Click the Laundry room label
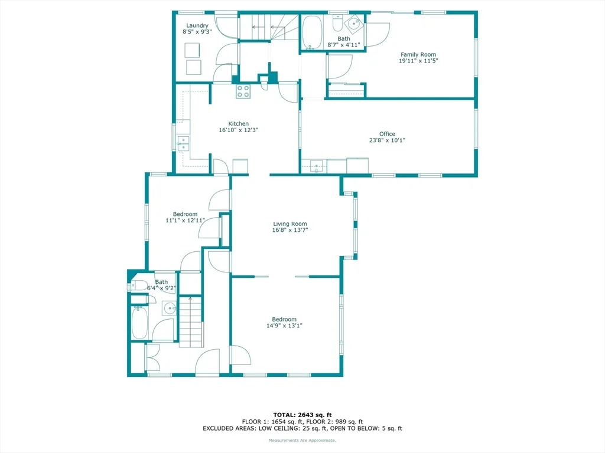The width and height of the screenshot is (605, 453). pyautogui.click(x=197, y=25)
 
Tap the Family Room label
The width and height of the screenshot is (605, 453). pyautogui.click(x=418, y=54)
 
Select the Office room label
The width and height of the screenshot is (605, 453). pyautogui.click(x=387, y=134)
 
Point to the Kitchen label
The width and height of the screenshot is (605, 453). pyautogui.click(x=239, y=123)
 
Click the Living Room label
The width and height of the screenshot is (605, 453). pyautogui.click(x=290, y=224)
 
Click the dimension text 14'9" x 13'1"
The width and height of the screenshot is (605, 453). pyautogui.click(x=284, y=326)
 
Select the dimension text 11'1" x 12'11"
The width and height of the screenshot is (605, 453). pyautogui.click(x=185, y=221)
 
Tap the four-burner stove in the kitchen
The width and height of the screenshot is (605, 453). pyautogui.click(x=243, y=91)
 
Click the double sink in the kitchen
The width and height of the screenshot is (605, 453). pyautogui.click(x=183, y=143)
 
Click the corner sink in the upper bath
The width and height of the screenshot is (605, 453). pyautogui.click(x=354, y=23)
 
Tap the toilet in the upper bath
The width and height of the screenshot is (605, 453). pyautogui.click(x=337, y=23)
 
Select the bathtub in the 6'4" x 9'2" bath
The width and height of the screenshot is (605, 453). pyautogui.click(x=139, y=322)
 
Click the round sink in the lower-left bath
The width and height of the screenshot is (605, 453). pyautogui.click(x=170, y=308)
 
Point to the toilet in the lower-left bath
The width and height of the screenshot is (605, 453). pyautogui.click(x=139, y=285)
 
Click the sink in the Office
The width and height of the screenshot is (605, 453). pyautogui.click(x=317, y=166)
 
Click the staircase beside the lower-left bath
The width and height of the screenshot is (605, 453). pyautogui.click(x=190, y=322)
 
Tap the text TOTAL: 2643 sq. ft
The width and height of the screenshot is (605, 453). pyautogui.click(x=302, y=415)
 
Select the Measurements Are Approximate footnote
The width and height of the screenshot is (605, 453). pyautogui.click(x=302, y=440)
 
